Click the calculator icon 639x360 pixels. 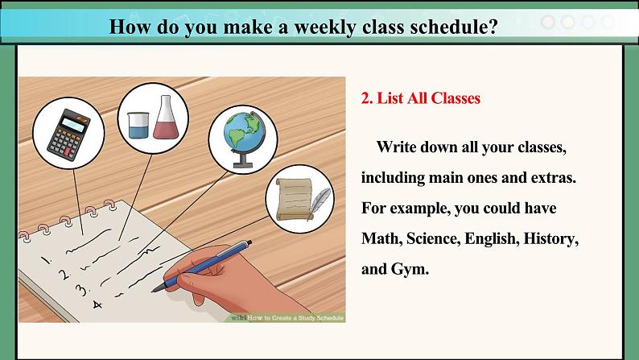point(69,134)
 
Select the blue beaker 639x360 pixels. point(138,125)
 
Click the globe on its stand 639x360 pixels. point(244,139)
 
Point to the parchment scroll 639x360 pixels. point(294,199)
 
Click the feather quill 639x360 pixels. point(319,203)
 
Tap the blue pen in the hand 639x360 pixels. point(202,266)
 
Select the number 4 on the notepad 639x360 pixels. point(97,304)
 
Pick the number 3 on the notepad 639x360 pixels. point(81,289)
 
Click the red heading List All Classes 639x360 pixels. point(421,98)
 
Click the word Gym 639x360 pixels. point(410,270)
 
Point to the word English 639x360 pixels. point(492,239)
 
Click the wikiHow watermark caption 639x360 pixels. point(287,317)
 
